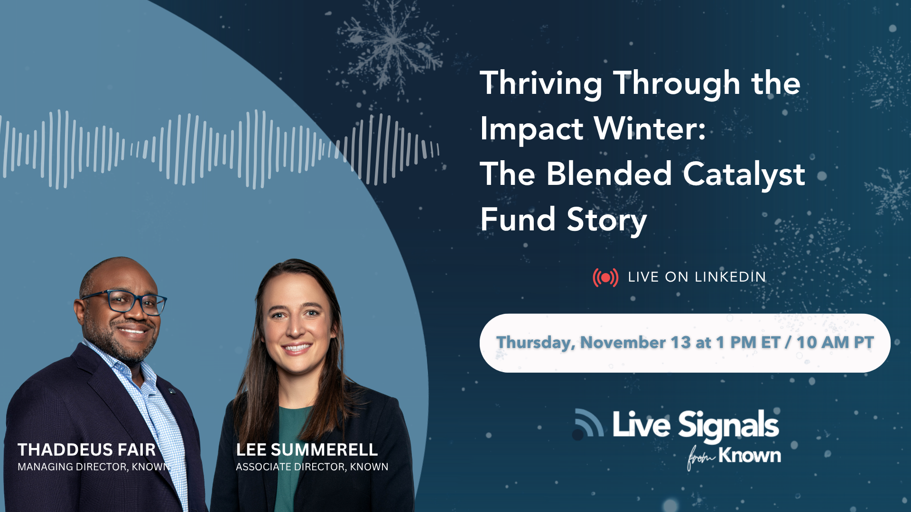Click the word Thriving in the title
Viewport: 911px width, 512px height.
tap(541, 84)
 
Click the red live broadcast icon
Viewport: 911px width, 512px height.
tap(605, 277)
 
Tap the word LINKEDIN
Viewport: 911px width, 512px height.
tap(730, 277)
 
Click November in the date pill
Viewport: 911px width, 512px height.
tap(623, 342)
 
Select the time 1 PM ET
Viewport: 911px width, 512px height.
tap(748, 342)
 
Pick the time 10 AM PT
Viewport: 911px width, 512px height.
tap(835, 342)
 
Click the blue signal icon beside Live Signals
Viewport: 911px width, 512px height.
tap(588, 423)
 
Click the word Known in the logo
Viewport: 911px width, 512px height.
tap(750, 456)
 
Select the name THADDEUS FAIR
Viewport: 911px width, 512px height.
tap(87, 449)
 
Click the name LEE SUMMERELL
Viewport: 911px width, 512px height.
tap(307, 449)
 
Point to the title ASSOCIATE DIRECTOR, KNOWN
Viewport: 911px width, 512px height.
tap(312, 467)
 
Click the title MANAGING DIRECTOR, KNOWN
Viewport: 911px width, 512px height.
tap(94, 467)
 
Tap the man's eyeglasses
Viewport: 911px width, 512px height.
tap(125, 302)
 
